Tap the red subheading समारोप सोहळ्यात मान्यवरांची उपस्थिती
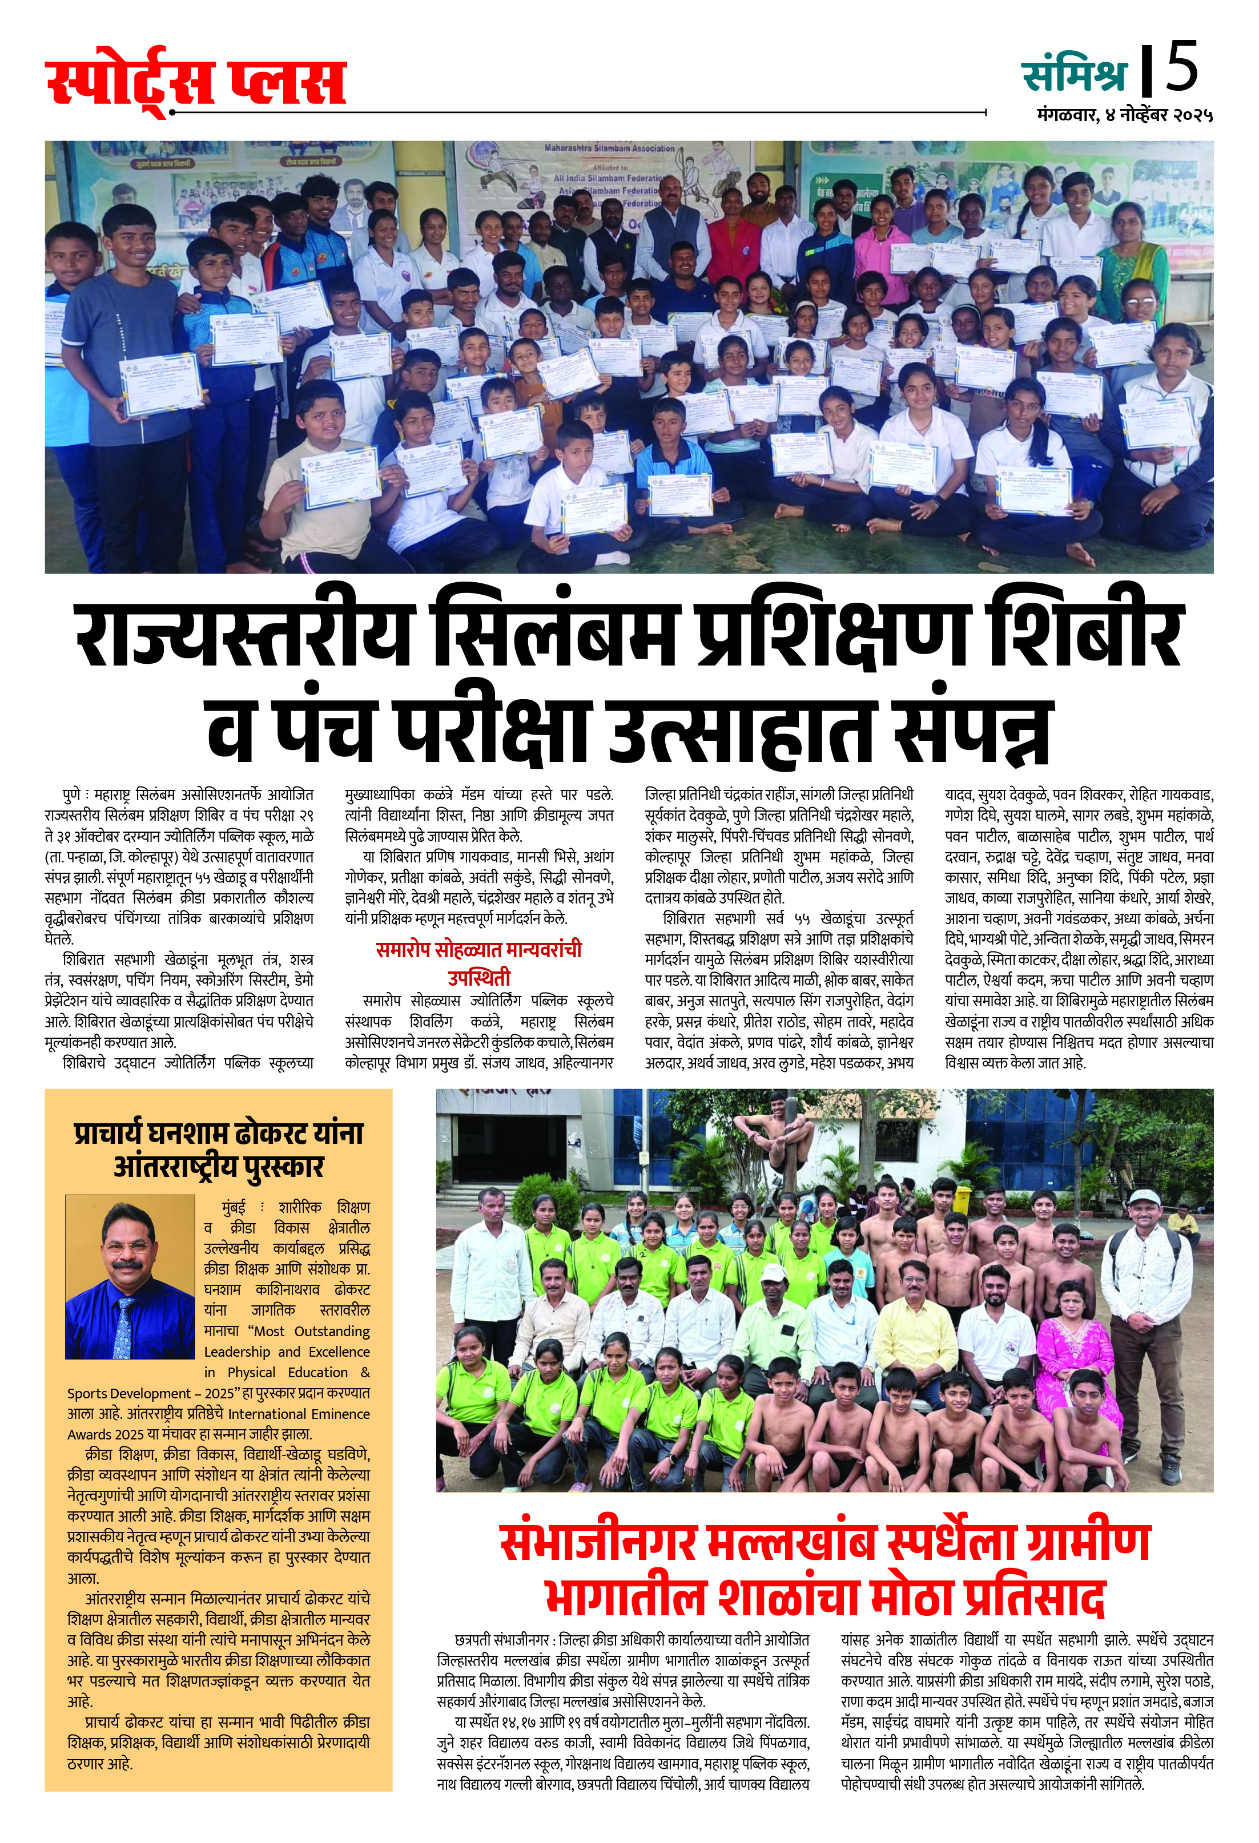tap(479, 962)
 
